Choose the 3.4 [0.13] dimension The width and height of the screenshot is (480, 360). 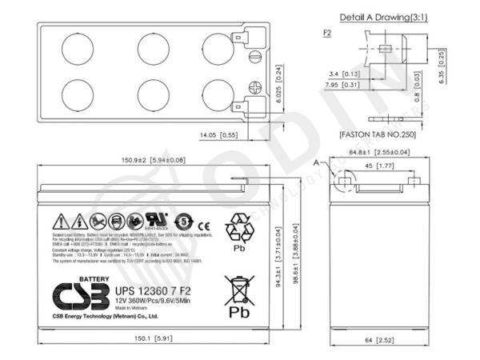click(x=345, y=74)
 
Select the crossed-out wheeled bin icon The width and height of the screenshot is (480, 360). click(x=239, y=287)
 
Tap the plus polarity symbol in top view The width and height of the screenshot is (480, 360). click(x=255, y=89)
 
